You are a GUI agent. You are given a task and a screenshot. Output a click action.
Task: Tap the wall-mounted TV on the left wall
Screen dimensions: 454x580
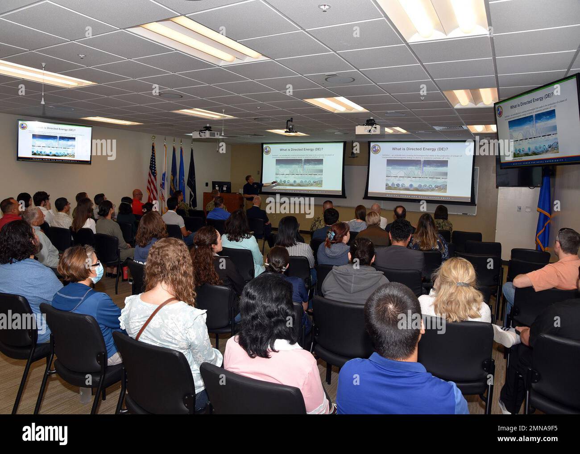point(54,140)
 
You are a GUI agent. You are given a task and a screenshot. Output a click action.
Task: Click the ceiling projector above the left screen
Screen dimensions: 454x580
point(205,133)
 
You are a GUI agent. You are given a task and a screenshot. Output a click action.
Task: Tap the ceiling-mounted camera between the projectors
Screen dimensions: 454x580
point(289,126)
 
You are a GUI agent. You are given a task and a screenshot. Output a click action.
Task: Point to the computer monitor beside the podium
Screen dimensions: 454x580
point(221,186)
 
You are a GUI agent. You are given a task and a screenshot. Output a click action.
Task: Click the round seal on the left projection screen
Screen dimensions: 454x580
point(268,150)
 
